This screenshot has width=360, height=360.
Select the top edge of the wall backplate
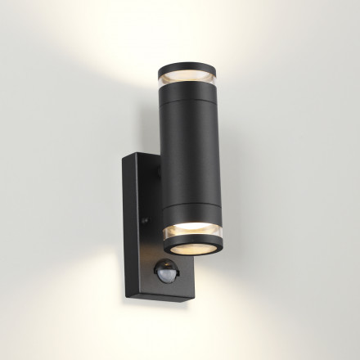[139, 154]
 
